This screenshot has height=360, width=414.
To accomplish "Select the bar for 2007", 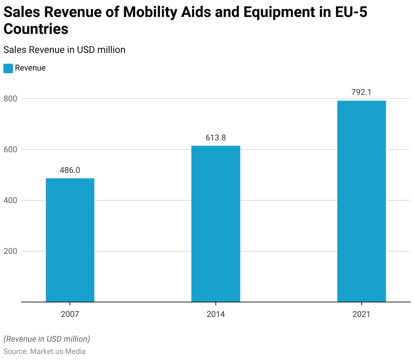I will tap(70, 240).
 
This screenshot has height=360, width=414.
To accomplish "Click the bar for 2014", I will tap(216, 224).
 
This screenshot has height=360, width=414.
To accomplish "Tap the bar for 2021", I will tap(361, 201).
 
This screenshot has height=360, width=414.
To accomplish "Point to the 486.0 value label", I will tap(70, 170).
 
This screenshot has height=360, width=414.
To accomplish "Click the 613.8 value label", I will tap(216, 138).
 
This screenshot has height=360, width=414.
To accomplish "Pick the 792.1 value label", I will tap(361, 92).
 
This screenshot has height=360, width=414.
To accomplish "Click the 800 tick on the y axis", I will tap(10, 99).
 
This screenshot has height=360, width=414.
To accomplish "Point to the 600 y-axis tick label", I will tap(10, 150).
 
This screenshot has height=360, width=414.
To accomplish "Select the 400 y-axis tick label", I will tap(10, 201).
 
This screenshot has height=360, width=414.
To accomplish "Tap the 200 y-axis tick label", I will tap(10, 252).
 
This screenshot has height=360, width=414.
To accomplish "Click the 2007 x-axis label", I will tap(70, 314).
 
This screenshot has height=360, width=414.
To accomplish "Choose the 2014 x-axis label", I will tap(216, 314).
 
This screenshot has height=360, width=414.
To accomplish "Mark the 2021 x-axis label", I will tap(361, 314).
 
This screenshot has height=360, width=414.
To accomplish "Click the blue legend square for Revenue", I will tap(8, 68).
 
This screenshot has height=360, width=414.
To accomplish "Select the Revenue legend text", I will tap(30, 68).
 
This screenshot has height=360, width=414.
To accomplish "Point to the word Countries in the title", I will tap(36, 29).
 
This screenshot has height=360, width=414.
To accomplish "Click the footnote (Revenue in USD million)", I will tap(47, 339).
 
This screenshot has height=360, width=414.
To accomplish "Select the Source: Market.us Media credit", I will tap(44, 352).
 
